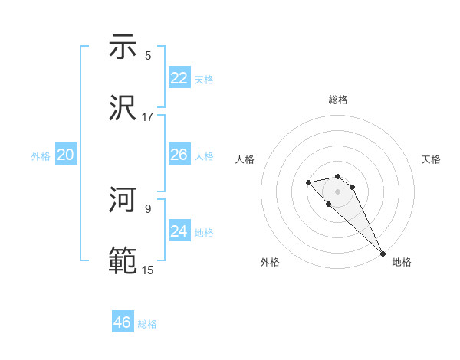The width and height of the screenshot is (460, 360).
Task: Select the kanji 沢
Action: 123,107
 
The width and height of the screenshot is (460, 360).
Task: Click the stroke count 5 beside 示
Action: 148,55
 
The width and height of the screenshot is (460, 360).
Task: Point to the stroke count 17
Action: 148,117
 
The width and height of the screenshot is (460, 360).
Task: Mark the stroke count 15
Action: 148,270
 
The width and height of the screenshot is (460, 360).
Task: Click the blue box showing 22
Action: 179,78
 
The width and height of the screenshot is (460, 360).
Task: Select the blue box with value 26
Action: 179,155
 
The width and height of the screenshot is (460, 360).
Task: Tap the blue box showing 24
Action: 179,231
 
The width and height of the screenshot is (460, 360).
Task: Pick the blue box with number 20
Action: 66,155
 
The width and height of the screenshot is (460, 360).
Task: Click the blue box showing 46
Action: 123,322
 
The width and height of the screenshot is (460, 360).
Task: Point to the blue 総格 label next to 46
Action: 147,324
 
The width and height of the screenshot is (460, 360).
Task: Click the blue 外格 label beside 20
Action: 41,156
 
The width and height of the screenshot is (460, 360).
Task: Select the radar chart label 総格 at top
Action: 338,100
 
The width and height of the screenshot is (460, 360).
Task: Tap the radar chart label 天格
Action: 432,159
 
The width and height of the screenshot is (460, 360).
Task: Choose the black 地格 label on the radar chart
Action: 402,262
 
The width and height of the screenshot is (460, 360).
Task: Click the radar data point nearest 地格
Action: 382,253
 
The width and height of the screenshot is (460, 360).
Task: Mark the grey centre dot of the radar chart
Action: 337,191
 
